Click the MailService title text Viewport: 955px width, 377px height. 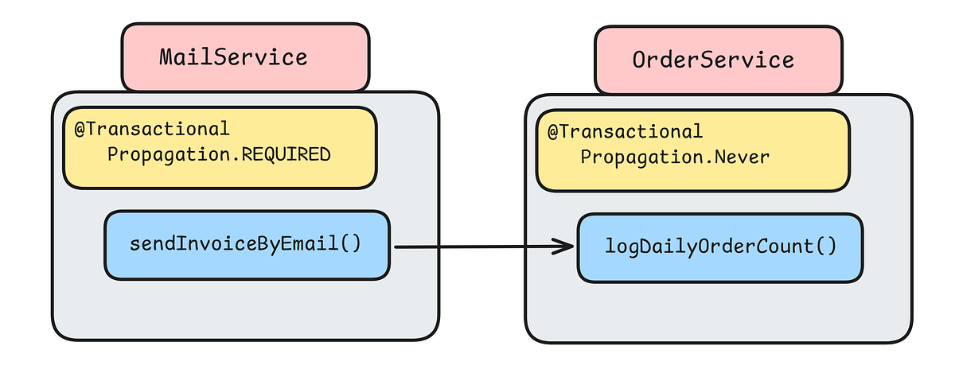pyautogui.click(x=232, y=57)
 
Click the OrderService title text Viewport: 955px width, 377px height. pyautogui.click(x=713, y=60)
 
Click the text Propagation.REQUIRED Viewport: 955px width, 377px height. pyautogui.click(x=218, y=154)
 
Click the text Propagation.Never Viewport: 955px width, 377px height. pyautogui.click(x=675, y=157)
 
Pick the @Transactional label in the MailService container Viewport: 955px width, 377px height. pyautogui.click(x=152, y=129)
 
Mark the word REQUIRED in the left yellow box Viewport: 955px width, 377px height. pyautogui.click(x=285, y=154)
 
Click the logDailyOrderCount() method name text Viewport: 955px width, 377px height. pyautogui.click(x=720, y=246)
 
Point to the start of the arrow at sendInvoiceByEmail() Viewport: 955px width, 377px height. pyautogui.click(x=397, y=247)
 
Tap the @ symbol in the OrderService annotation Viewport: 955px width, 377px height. pyautogui.click(x=552, y=131)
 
